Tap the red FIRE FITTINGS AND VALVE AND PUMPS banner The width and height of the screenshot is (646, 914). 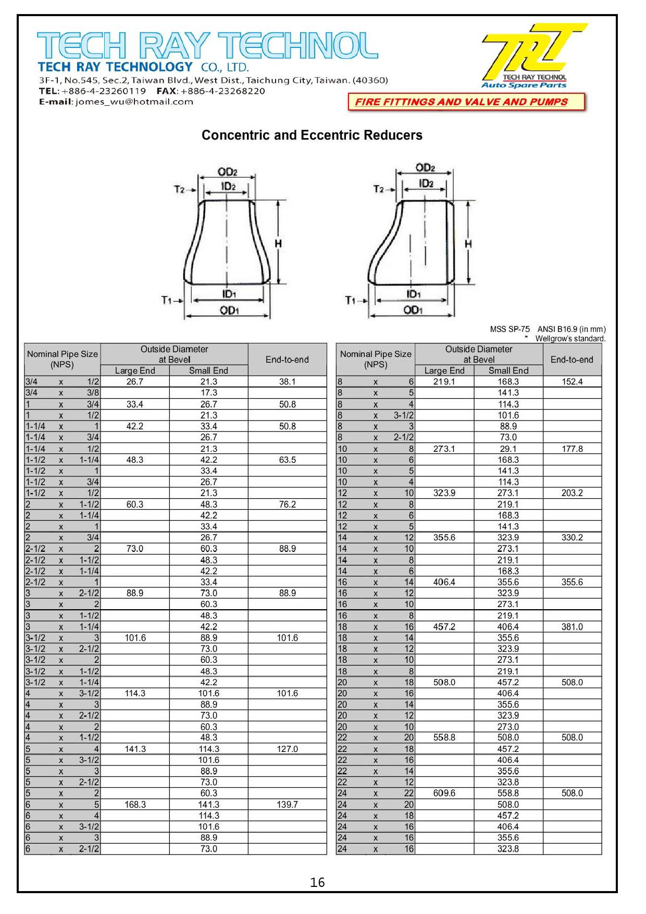tap(466, 102)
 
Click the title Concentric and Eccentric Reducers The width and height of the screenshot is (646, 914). tap(312, 135)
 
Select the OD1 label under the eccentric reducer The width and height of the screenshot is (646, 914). tap(412, 311)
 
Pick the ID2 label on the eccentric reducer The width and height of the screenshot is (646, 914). tap(426, 183)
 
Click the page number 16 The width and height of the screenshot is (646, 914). tap(317, 882)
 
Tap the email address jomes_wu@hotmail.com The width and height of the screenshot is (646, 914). tap(134, 102)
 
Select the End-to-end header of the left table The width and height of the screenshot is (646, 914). tap(287, 360)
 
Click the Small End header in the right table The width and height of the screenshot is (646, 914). tap(508, 370)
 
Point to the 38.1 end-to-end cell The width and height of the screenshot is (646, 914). tap(287, 381)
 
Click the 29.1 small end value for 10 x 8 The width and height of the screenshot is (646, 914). tap(508, 449)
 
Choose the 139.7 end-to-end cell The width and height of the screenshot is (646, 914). tap(287, 805)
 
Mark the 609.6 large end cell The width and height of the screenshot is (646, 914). tap(444, 793)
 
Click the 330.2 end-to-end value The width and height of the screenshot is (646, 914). tap(572, 537)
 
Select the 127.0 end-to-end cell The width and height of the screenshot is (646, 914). tap(287, 749)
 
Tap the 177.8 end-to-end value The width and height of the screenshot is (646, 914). tap(572, 449)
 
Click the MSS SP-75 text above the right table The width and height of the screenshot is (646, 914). tap(510, 329)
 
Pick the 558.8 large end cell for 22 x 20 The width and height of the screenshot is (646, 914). tap(444, 737)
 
